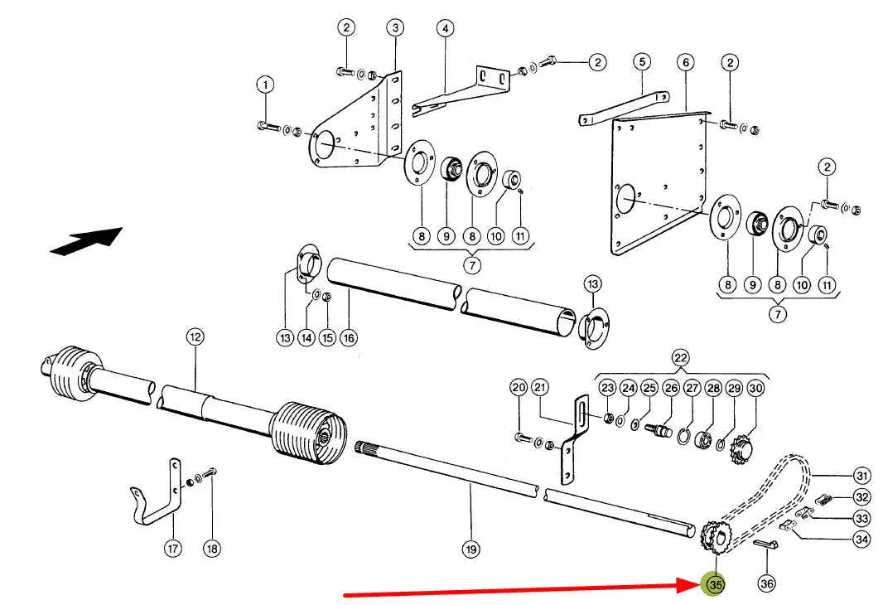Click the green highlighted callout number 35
714,584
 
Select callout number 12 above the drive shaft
194,337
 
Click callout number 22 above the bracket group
680,358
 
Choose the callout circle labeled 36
767,584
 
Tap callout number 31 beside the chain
862,476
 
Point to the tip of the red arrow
700,584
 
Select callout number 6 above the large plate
684,62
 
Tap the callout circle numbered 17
172,548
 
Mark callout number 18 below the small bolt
213,548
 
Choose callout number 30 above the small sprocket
755,388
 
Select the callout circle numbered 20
519,388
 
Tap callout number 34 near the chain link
862,540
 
